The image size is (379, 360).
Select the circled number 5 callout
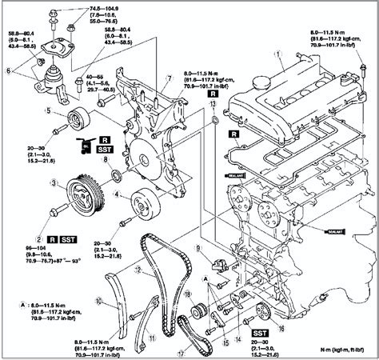pos(49,110)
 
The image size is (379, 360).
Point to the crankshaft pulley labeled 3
pos(82,194)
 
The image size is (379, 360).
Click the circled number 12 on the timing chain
pos(138,270)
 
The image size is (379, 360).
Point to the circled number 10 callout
pos(98,302)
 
